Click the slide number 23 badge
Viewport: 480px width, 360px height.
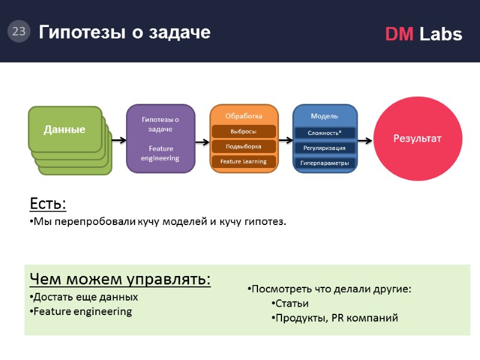(x=19, y=31)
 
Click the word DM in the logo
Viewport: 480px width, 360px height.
(x=399, y=35)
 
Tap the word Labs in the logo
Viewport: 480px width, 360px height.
(x=441, y=35)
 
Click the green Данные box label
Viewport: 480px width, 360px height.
(x=64, y=129)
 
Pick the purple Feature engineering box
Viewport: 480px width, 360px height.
(x=160, y=139)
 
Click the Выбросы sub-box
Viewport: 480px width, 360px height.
(x=244, y=131)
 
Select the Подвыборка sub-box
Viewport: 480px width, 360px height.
(x=244, y=146)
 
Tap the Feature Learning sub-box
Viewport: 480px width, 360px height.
(x=244, y=161)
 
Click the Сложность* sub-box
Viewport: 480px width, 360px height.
(x=325, y=133)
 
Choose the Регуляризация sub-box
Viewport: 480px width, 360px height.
(x=325, y=148)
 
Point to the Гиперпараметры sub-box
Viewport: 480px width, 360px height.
(x=325, y=163)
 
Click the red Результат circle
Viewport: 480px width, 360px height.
(x=416, y=139)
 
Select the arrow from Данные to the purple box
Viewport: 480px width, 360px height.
(x=119, y=140)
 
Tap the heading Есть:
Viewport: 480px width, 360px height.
(x=48, y=205)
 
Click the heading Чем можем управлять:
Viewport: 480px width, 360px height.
(x=120, y=280)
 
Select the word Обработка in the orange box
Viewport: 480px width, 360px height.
(x=244, y=116)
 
